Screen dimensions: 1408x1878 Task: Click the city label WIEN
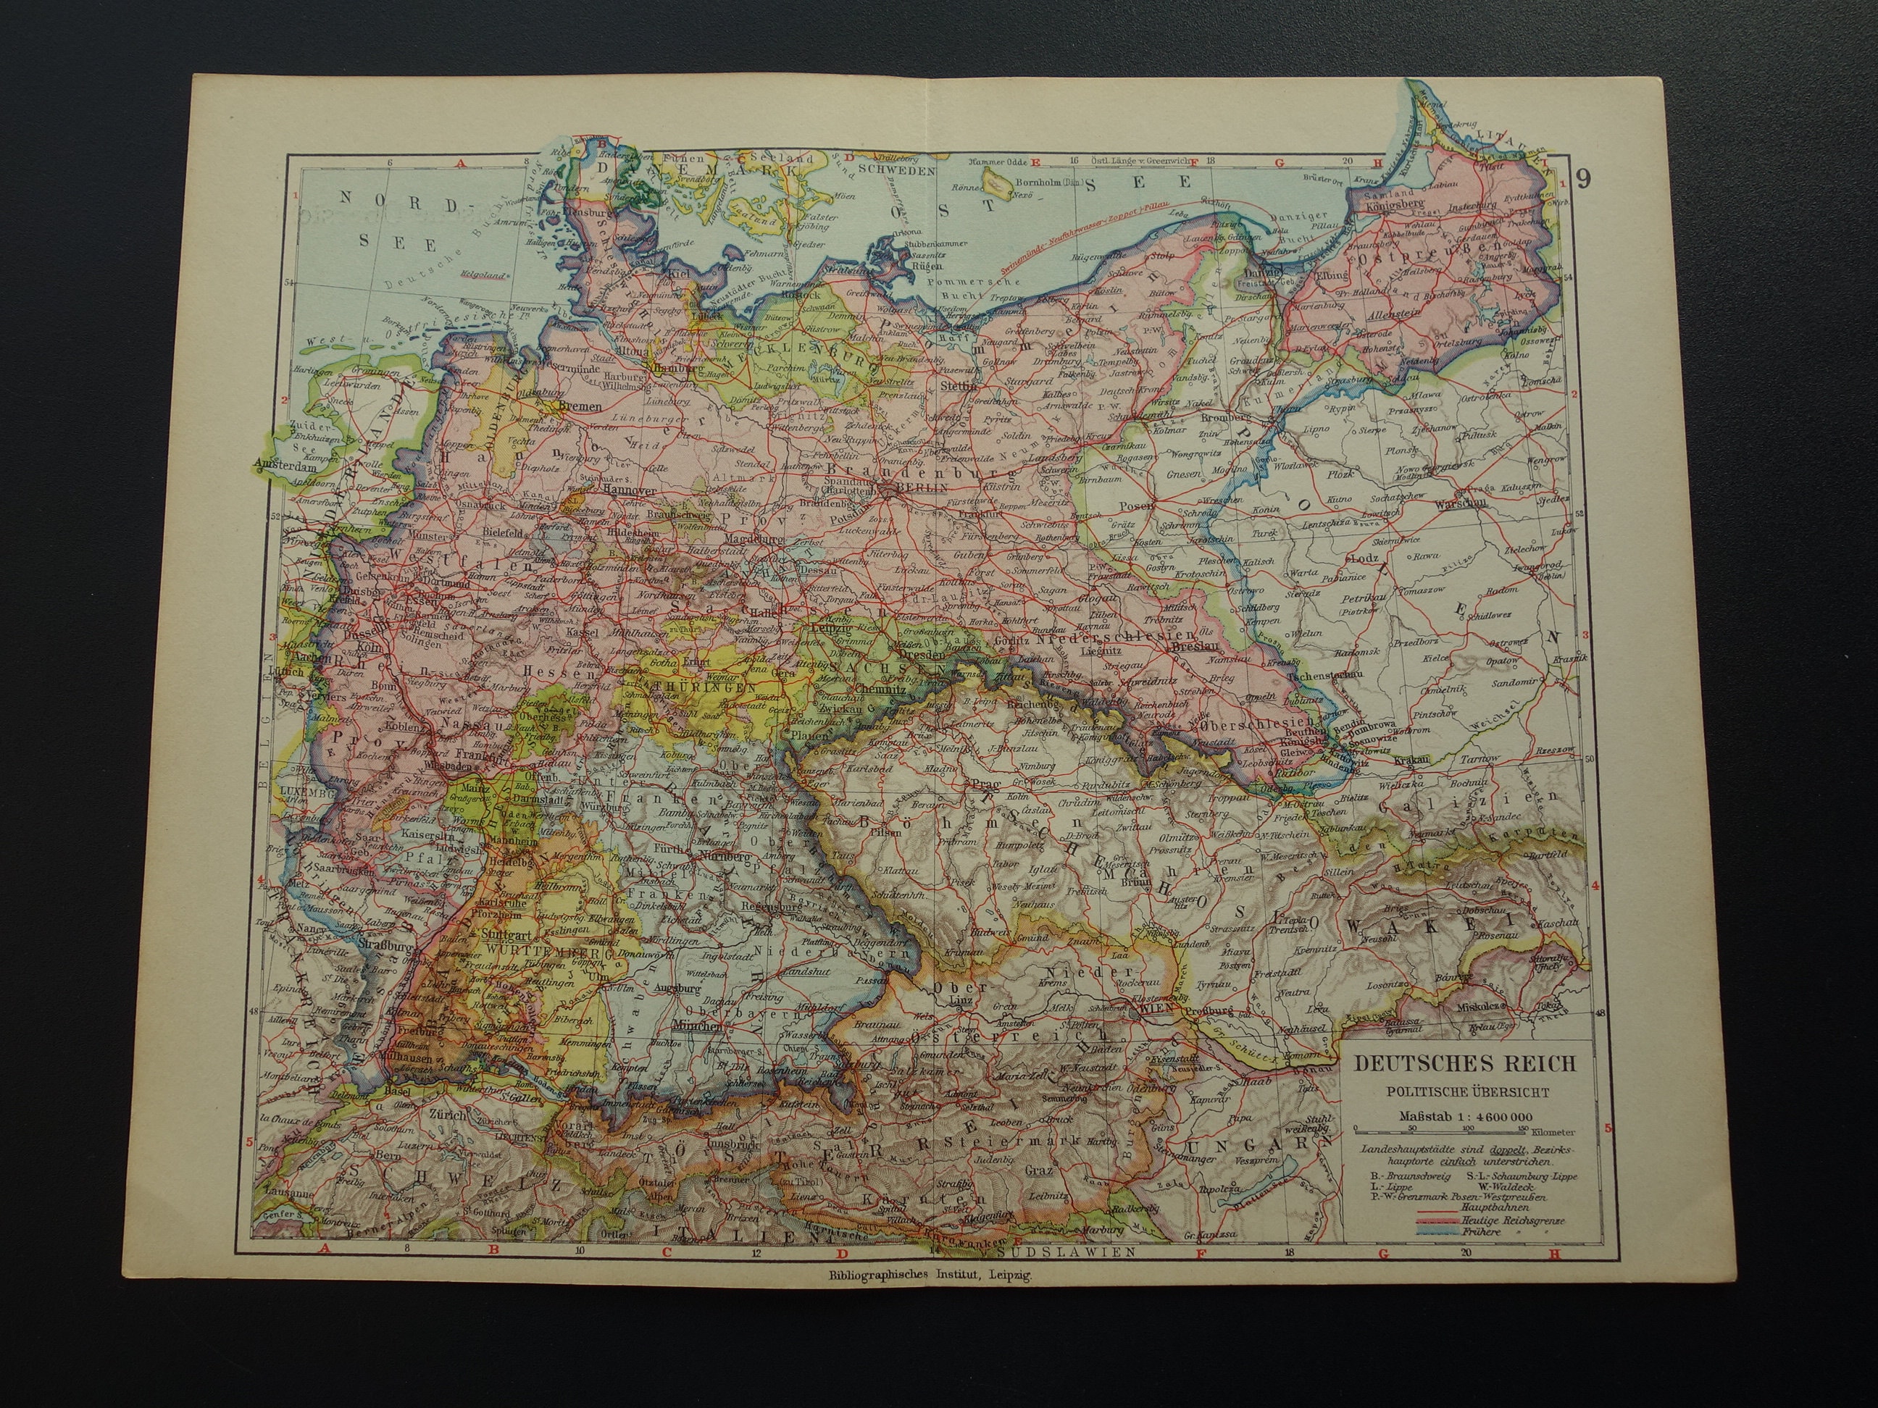(x=1156, y=1012)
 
